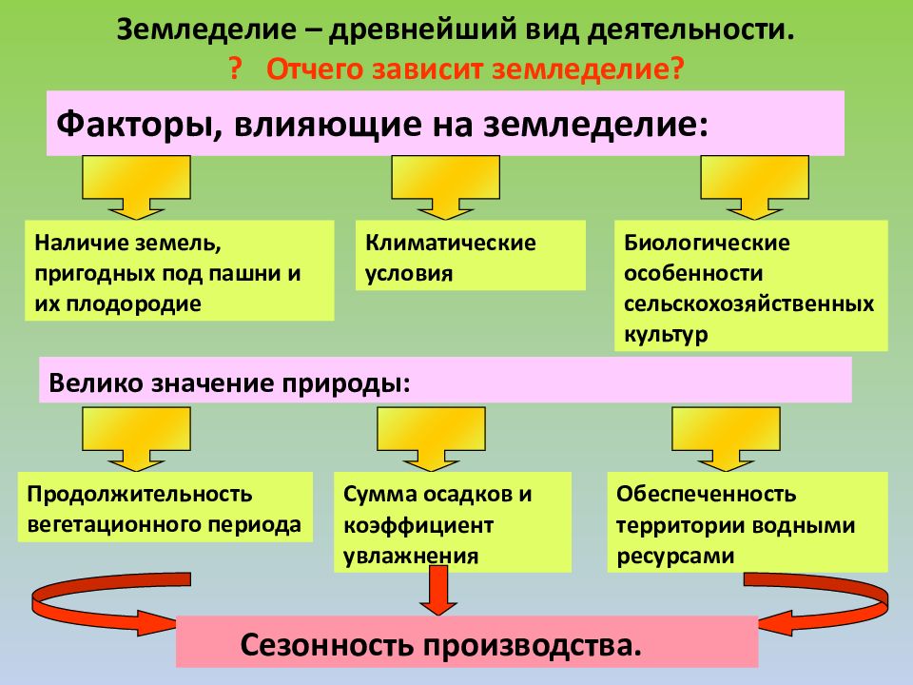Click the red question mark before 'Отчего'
(x=235, y=69)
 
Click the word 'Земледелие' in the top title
(x=206, y=29)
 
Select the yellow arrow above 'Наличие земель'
(x=136, y=187)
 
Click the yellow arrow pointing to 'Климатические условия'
(x=445, y=187)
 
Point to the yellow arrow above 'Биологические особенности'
(x=754, y=187)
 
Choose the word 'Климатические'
(x=450, y=243)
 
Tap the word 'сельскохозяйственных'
(x=748, y=304)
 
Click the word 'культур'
(x=666, y=335)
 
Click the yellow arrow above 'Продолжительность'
(x=136, y=439)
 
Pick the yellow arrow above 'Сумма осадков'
(x=431, y=439)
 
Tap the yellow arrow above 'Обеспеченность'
(x=726, y=439)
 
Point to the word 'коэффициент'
(x=418, y=525)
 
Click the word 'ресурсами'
(x=675, y=556)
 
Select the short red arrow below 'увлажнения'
(x=438, y=590)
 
